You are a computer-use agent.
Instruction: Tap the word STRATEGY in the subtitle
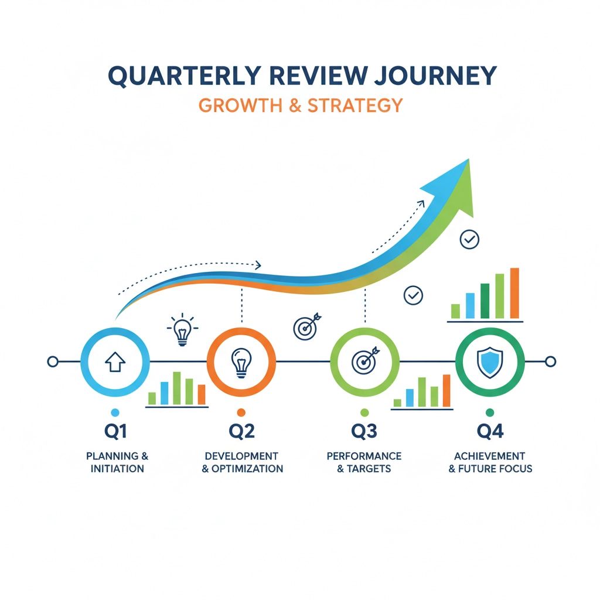pos(355,105)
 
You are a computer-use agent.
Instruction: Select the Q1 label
pos(115,432)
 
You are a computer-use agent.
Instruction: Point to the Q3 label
pos(364,432)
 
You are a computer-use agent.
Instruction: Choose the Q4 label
pos(490,432)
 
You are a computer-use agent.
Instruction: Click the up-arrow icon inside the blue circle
pos(115,362)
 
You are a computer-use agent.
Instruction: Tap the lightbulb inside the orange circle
pos(241,362)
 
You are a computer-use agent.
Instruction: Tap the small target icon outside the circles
pos(306,326)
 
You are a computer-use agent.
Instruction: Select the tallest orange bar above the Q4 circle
pos(514,293)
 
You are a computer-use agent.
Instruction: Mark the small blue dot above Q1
pos(115,412)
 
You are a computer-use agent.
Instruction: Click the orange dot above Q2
pos(241,412)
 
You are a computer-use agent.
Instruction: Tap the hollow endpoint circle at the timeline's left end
pos(53,362)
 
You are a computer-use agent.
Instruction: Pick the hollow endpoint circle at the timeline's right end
pos(550,362)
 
